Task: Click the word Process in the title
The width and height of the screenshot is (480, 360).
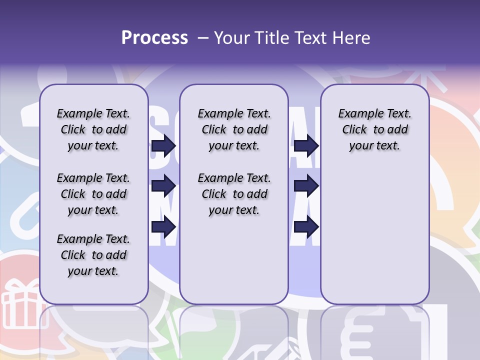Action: coord(154,38)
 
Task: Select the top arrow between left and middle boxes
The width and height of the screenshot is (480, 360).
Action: coord(163,145)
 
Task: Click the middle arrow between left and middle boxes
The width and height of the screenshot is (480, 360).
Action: coord(163,186)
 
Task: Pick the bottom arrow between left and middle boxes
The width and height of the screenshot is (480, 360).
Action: coord(163,227)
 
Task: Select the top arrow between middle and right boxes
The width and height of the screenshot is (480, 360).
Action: coord(306,145)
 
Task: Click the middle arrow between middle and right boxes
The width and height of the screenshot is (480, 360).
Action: coord(306,186)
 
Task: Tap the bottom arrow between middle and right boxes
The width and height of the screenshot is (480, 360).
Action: coord(306,227)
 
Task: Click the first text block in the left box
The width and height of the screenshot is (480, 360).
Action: coord(93,129)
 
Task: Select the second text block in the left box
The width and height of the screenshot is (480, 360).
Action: coord(93,194)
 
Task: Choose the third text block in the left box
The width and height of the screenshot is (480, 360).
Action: coord(93,255)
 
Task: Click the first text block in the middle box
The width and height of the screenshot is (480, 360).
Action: coord(234,129)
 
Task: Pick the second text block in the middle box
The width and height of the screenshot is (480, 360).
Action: coord(234,194)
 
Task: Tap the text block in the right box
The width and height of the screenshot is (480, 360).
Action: coord(374,129)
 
